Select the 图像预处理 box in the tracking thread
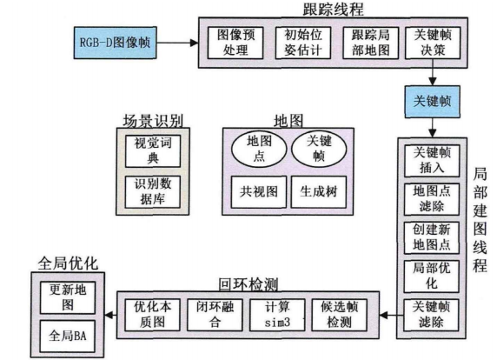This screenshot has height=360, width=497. (234, 42)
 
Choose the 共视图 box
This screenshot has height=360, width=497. (255, 189)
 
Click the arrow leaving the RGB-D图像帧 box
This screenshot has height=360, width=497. (178, 40)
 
